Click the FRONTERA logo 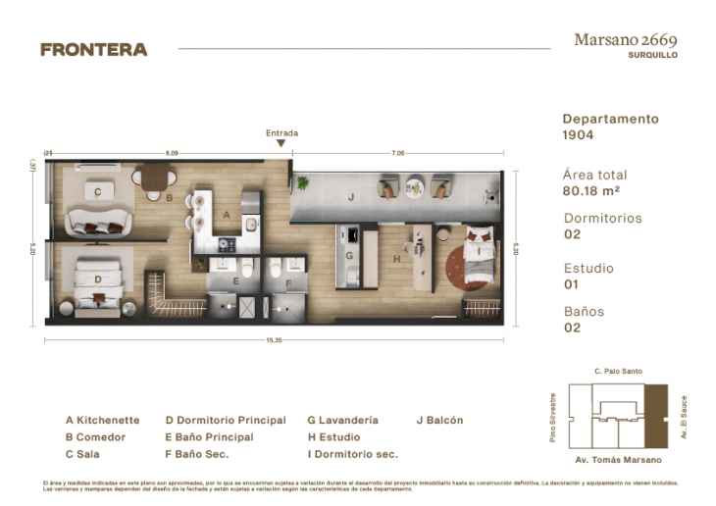pyautogui.click(x=94, y=49)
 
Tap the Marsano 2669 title pyautogui.click(x=626, y=40)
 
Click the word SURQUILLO pyautogui.click(x=652, y=56)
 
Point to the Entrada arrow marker pyautogui.click(x=281, y=143)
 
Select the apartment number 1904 pyautogui.click(x=579, y=134)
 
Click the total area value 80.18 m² pyautogui.click(x=590, y=190)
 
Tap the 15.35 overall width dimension pyautogui.click(x=274, y=339)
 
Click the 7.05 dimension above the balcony pyautogui.click(x=397, y=153)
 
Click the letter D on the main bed pyautogui.click(x=98, y=279)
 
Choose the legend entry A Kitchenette pyautogui.click(x=103, y=420)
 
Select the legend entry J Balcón pyautogui.click(x=439, y=420)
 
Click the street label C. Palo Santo pyautogui.click(x=617, y=372)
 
